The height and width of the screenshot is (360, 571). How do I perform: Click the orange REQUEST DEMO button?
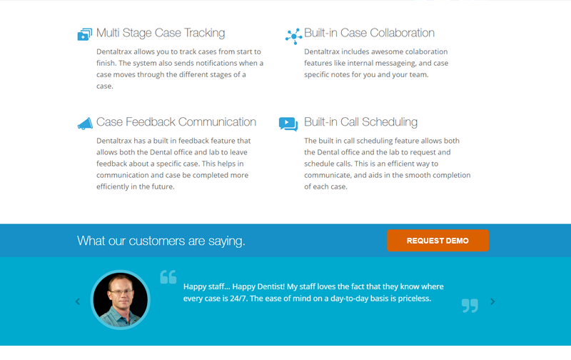click(x=438, y=241)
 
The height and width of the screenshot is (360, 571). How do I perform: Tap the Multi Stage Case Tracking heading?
click(x=161, y=33)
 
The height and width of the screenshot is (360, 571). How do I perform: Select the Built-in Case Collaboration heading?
click(x=369, y=33)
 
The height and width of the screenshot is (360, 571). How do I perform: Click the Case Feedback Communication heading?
click(x=176, y=121)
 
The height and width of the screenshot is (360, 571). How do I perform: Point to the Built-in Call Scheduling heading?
click(x=360, y=122)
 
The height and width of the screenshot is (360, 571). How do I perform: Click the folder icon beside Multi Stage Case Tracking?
click(x=84, y=34)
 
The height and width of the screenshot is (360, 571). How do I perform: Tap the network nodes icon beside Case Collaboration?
click(x=293, y=36)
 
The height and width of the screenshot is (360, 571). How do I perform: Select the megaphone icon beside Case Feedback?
click(x=85, y=124)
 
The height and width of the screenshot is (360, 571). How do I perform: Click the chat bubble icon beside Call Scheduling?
click(x=288, y=124)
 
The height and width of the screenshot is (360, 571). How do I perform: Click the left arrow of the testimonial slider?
click(x=78, y=301)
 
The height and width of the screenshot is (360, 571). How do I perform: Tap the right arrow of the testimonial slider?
click(x=492, y=301)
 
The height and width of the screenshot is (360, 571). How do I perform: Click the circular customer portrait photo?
click(x=121, y=299)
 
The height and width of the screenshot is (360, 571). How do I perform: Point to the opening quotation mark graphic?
click(x=168, y=277)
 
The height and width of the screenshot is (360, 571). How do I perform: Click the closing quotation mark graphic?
click(x=470, y=306)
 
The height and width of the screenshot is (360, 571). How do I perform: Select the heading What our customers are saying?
click(x=161, y=241)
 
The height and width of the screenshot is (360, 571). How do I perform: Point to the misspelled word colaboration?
click(x=426, y=51)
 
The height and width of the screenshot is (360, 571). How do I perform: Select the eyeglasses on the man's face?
click(x=121, y=291)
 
